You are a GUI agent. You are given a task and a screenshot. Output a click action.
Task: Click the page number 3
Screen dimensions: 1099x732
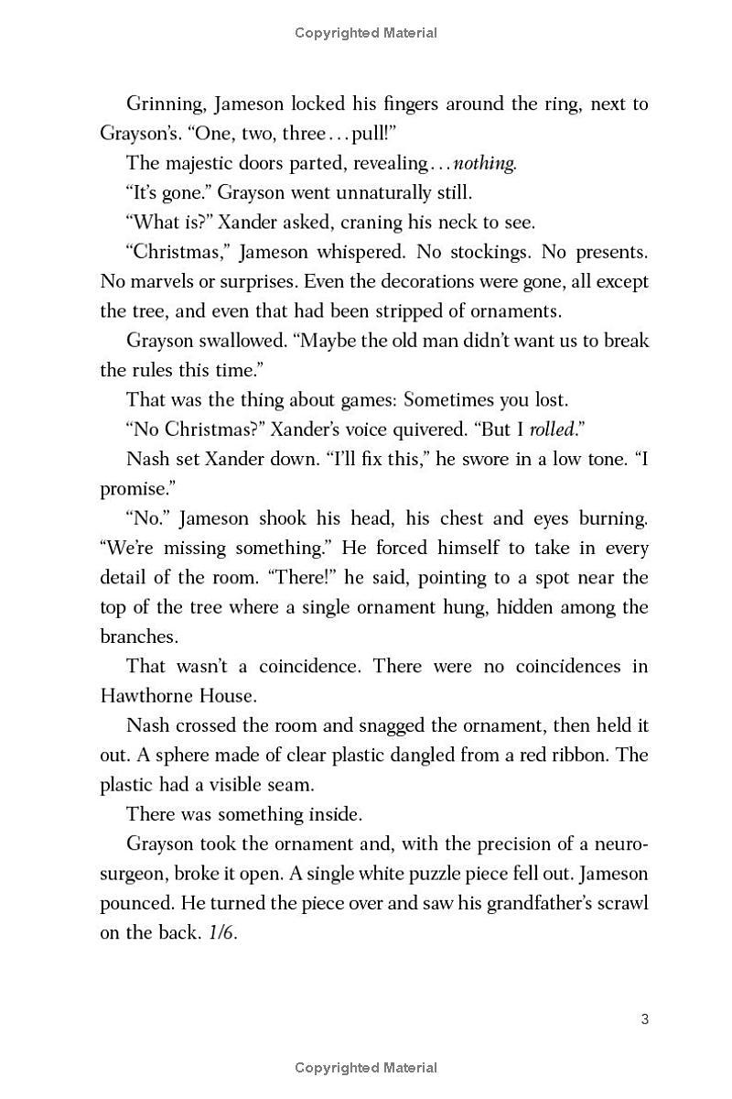coord(645,1019)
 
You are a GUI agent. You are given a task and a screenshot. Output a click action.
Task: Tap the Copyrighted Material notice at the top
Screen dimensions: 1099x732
coord(366,33)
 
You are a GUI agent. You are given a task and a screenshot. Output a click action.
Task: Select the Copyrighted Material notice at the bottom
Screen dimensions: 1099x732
coord(366,1068)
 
